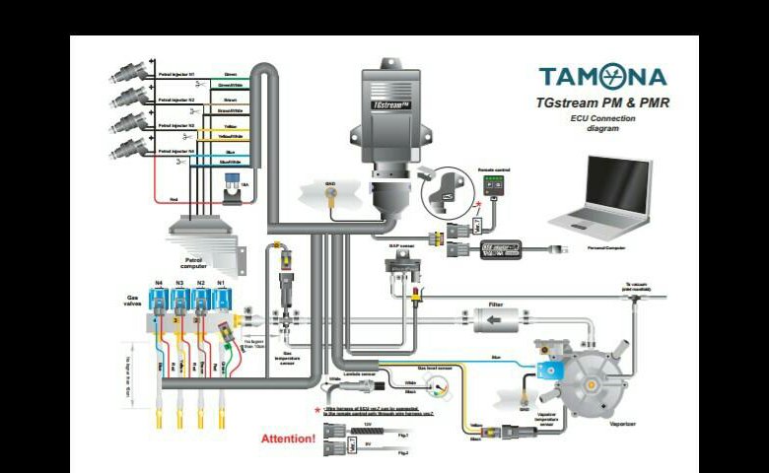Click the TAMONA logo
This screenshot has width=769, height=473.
[x=602, y=77]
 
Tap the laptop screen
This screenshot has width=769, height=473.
[x=617, y=185]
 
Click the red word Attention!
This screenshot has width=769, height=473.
[x=289, y=438]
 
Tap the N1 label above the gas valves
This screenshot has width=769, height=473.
[x=222, y=284]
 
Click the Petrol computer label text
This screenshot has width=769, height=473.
[x=194, y=263]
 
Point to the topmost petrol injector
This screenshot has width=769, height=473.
[x=131, y=73]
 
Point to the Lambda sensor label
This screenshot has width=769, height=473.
[x=365, y=373]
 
